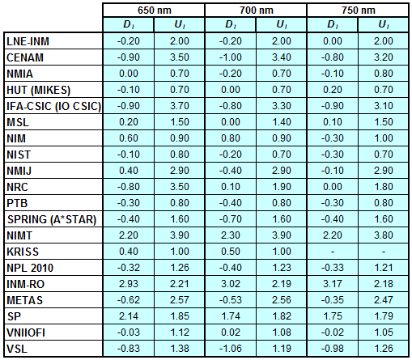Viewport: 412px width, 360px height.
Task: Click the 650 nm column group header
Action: click(x=155, y=11)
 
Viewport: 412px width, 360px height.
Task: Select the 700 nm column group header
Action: click(x=257, y=11)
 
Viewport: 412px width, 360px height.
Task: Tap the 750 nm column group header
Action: click(x=359, y=11)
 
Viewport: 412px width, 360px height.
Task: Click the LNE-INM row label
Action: click(x=28, y=41)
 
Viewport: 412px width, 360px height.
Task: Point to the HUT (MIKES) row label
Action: click(x=38, y=90)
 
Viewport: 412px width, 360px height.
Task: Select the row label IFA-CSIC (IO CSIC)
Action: click(x=53, y=106)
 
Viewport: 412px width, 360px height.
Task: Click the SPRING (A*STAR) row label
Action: click(x=52, y=219)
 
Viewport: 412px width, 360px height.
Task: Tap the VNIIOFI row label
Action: click(x=26, y=332)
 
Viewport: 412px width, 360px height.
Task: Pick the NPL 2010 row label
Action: click(x=30, y=268)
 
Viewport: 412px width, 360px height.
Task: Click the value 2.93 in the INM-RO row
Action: click(x=129, y=284)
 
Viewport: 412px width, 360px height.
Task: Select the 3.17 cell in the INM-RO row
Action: click(x=333, y=284)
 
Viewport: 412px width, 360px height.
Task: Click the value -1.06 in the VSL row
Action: click(x=231, y=349)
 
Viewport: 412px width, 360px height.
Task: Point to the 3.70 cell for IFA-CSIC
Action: click(x=180, y=106)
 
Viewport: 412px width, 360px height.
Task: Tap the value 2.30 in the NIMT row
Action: click(x=231, y=235)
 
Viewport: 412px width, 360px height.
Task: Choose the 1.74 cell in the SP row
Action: click(x=231, y=316)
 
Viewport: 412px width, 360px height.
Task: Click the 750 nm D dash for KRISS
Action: click(x=333, y=252)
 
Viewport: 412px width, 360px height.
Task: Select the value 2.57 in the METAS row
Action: click(x=180, y=300)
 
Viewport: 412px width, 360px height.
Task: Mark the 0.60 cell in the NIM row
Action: click(x=129, y=138)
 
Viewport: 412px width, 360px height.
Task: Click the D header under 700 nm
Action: click(x=231, y=25)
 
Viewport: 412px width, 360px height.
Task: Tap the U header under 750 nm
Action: click(x=384, y=25)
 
